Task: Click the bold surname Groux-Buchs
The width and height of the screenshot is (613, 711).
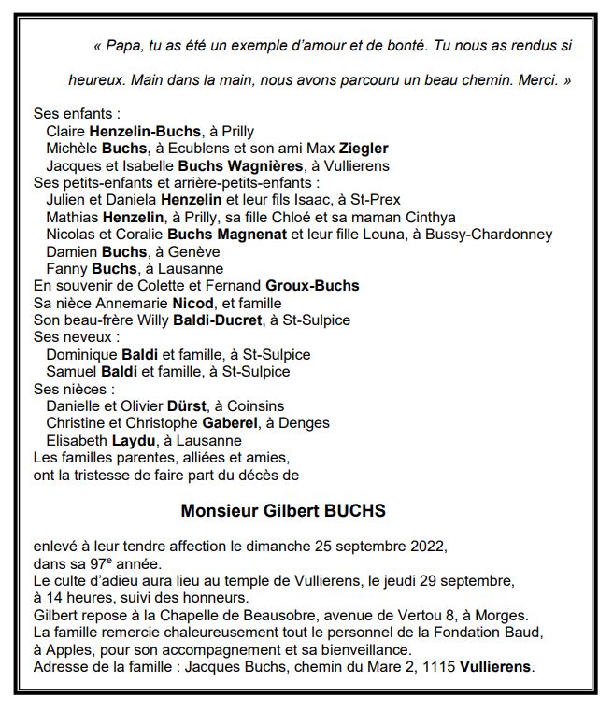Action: pyautogui.click(x=312, y=286)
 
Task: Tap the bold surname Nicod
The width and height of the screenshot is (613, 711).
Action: pyautogui.click(x=193, y=303)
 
